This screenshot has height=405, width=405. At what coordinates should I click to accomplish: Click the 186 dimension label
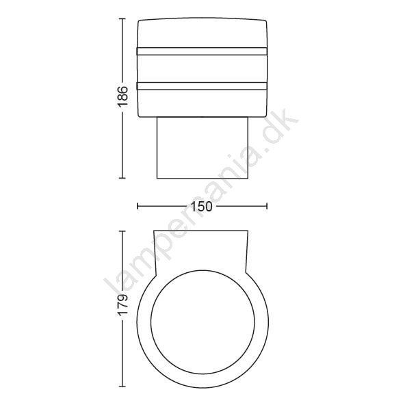tap(122, 96)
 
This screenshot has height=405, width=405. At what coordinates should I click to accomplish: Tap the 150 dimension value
tap(201, 207)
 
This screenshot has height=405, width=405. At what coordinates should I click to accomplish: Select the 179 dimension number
tap(122, 304)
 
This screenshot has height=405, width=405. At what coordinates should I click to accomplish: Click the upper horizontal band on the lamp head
tap(202, 51)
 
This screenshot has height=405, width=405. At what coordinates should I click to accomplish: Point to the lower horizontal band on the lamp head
tap(202, 86)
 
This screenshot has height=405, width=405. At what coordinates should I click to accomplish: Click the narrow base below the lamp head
tap(202, 148)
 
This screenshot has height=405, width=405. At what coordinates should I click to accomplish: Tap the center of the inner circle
tap(202, 322)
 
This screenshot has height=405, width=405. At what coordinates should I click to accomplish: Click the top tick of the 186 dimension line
tap(122, 19)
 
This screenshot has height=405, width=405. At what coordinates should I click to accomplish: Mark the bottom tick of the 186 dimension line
tap(122, 178)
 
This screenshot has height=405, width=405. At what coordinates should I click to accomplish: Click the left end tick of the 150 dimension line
tap(138, 206)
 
